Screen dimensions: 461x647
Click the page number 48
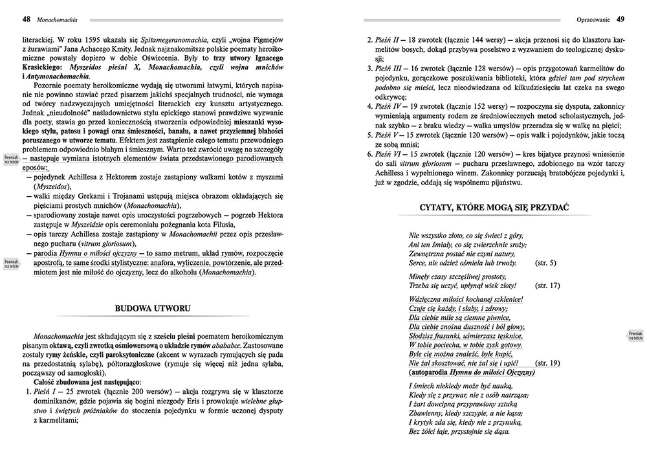[26, 18]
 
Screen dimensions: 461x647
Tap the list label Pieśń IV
[390, 106]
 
